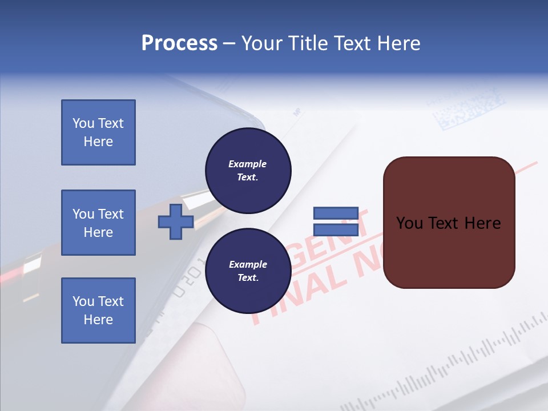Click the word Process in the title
[179, 43]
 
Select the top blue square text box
[98, 132]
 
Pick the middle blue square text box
[98, 223]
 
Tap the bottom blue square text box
[98, 311]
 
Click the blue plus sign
[176, 222]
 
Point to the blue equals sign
[336, 222]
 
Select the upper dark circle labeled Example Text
[248, 171]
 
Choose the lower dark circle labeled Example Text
[248, 271]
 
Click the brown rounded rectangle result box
[449, 251]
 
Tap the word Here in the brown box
[482, 223]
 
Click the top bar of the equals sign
[336, 213]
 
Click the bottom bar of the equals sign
[336, 230]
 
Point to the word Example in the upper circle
[248, 164]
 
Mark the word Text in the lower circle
[248, 278]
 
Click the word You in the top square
[83, 123]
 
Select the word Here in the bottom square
[98, 320]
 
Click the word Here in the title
[398, 43]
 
